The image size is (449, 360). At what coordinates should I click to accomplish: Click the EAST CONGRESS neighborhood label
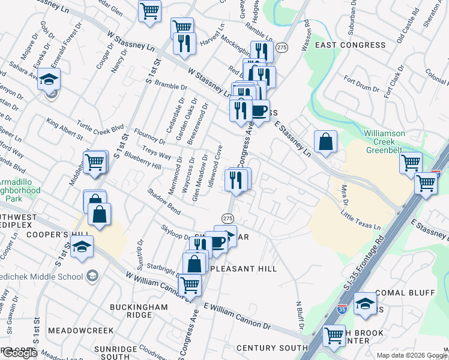[350, 45]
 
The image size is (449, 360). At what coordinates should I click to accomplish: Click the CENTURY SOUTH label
[272, 348]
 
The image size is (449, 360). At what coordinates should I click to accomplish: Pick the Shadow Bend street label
[164, 202]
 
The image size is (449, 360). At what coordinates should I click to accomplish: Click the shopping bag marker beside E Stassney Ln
[325, 142]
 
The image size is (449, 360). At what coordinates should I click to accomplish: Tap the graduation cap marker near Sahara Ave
[49, 79]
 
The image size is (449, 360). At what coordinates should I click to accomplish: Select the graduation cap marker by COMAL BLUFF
[364, 304]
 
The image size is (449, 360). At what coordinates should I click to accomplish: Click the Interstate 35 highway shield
[342, 309]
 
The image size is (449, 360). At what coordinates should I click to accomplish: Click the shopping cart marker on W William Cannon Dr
[190, 285]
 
